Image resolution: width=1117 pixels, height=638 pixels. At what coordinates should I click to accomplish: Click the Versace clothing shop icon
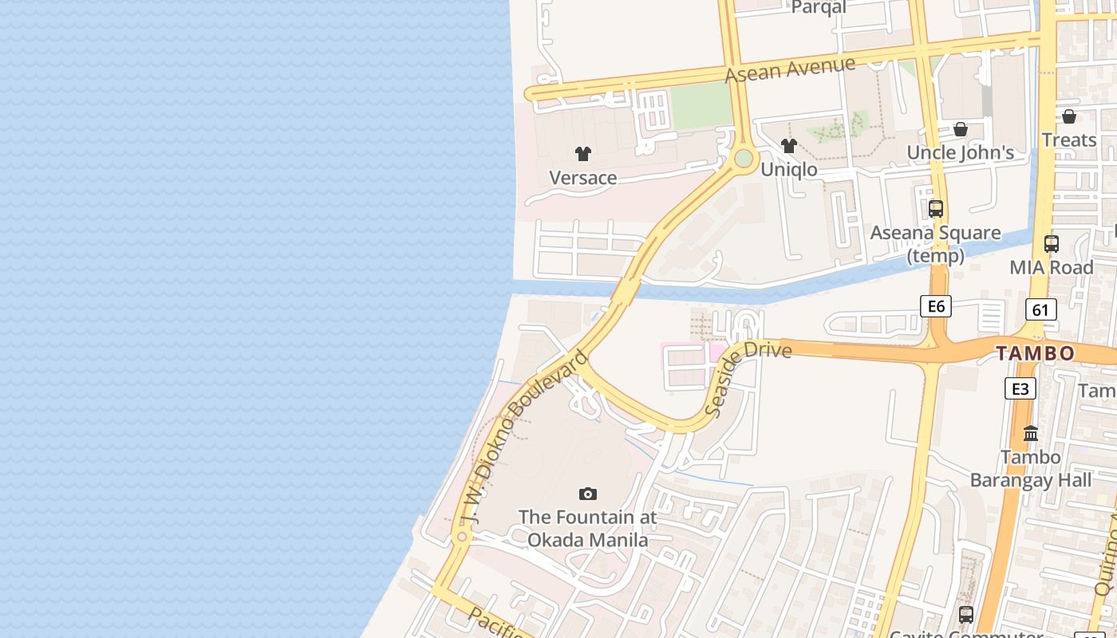(x=583, y=154)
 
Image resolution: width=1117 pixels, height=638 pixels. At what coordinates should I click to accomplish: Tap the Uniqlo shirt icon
(x=789, y=146)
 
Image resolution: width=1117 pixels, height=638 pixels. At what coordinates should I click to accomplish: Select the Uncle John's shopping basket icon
(x=961, y=129)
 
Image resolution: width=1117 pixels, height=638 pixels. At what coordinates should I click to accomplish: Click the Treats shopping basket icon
(x=1069, y=116)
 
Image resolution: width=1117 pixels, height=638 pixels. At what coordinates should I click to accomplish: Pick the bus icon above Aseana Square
(x=936, y=209)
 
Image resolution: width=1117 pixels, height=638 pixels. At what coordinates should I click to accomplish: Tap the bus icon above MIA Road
(x=1052, y=244)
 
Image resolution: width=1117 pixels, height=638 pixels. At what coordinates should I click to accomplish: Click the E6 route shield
(x=936, y=306)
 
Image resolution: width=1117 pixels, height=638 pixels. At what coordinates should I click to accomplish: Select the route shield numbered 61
(x=1041, y=309)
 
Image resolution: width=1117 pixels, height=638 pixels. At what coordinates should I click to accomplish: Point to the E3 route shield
(x=1020, y=388)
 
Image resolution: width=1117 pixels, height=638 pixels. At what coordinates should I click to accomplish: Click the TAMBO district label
(x=1035, y=353)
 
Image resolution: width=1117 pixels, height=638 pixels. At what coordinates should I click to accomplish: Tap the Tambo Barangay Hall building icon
(x=1031, y=434)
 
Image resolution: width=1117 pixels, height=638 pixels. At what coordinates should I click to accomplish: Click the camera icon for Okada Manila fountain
(x=588, y=494)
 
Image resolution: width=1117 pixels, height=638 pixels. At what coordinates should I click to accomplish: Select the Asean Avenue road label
(x=790, y=69)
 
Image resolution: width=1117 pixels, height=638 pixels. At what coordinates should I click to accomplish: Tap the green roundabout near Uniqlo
(x=744, y=159)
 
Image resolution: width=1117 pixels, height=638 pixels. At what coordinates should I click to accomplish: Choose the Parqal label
(x=819, y=7)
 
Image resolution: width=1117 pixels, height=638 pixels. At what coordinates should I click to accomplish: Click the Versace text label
(x=583, y=178)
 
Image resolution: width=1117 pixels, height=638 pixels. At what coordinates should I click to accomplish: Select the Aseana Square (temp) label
(x=935, y=244)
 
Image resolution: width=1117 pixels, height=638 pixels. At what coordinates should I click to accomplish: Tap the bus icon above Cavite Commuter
(x=966, y=615)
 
